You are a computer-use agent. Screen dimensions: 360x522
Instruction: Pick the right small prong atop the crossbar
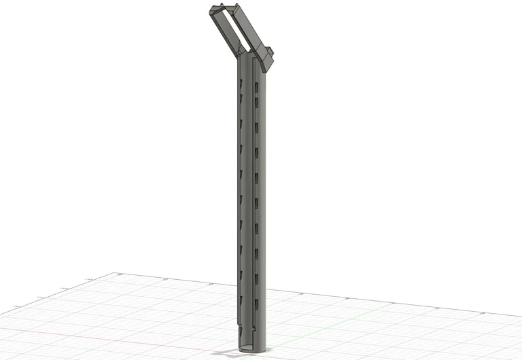click(240, 7)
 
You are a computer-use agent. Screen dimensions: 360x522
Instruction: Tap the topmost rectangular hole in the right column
click(257, 88)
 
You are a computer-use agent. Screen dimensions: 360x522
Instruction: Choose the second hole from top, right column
click(257, 102)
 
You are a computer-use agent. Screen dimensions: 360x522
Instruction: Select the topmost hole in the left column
click(240, 82)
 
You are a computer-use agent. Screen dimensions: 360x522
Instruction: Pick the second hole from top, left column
click(240, 99)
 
